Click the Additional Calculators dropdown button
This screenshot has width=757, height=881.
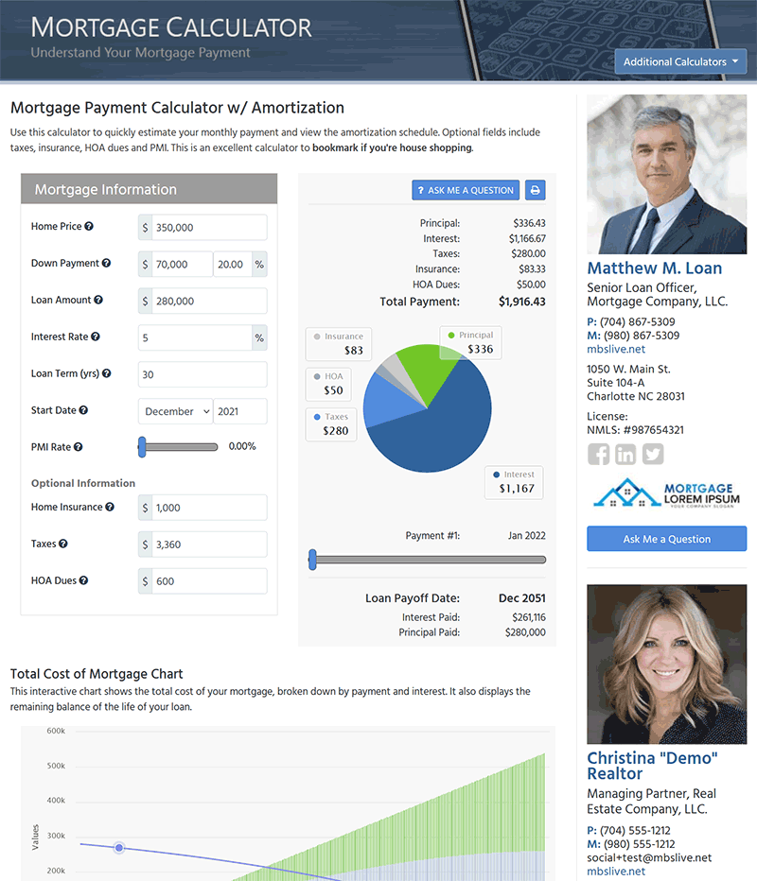click(x=680, y=62)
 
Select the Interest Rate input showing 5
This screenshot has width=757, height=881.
click(x=195, y=337)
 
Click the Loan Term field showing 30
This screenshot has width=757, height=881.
click(x=202, y=374)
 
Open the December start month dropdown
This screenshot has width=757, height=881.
click(x=175, y=411)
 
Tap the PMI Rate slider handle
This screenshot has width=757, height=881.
click(x=142, y=447)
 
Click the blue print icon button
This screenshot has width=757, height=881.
click(x=535, y=190)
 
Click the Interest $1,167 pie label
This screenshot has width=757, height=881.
click(x=517, y=482)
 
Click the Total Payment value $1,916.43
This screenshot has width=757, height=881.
click(x=521, y=302)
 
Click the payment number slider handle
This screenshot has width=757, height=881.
click(x=312, y=560)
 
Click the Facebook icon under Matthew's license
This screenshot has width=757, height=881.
click(x=598, y=454)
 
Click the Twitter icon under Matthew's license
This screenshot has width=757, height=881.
click(x=653, y=454)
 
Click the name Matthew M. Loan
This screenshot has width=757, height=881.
click(x=654, y=268)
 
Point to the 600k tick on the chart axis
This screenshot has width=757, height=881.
click(x=55, y=731)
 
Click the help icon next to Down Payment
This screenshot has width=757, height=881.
click(x=107, y=264)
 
